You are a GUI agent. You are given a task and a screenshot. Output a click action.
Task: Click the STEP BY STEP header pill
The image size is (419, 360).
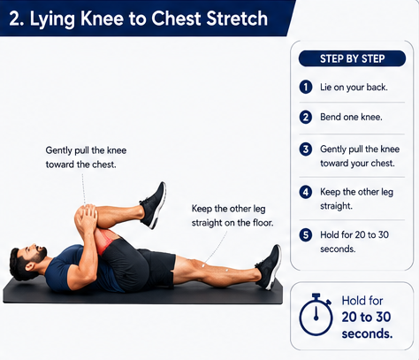click(x=352, y=58)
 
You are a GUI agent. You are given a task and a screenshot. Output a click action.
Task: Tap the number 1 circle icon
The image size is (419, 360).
click(x=306, y=87)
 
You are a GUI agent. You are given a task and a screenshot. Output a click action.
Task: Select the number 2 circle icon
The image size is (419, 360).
click(x=306, y=117)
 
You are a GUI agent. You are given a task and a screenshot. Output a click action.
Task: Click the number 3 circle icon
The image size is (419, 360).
click(x=306, y=149)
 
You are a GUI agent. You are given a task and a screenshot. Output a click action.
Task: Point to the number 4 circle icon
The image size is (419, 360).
click(x=306, y=192)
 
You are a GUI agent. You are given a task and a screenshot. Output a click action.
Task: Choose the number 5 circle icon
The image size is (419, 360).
click(x=306, y=235)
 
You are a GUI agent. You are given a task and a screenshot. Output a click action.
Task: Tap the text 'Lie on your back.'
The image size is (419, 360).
click(x=354, y=88)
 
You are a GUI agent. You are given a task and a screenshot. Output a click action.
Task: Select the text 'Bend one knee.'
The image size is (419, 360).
click(x=351, y=117)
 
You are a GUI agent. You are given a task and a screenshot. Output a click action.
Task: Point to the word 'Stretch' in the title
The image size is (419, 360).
click(x=237, y=19)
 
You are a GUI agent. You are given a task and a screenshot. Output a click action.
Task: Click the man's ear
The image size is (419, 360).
click(x=29, y=267)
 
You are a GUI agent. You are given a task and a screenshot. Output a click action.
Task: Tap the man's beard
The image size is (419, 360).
click(x=40, y=256)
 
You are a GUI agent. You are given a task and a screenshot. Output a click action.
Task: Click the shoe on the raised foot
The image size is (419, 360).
click(x=153, y=205)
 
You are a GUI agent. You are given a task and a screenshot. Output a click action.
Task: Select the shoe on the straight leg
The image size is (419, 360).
click(x=269, y=267)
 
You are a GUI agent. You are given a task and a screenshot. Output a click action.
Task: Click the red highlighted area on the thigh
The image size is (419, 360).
click(x=106, y=241)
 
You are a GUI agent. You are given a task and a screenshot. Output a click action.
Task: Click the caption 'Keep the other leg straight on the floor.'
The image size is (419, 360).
click(x=232, y=216)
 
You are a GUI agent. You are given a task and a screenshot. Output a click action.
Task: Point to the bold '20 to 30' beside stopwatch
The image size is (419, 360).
click(x=366, y=317)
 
